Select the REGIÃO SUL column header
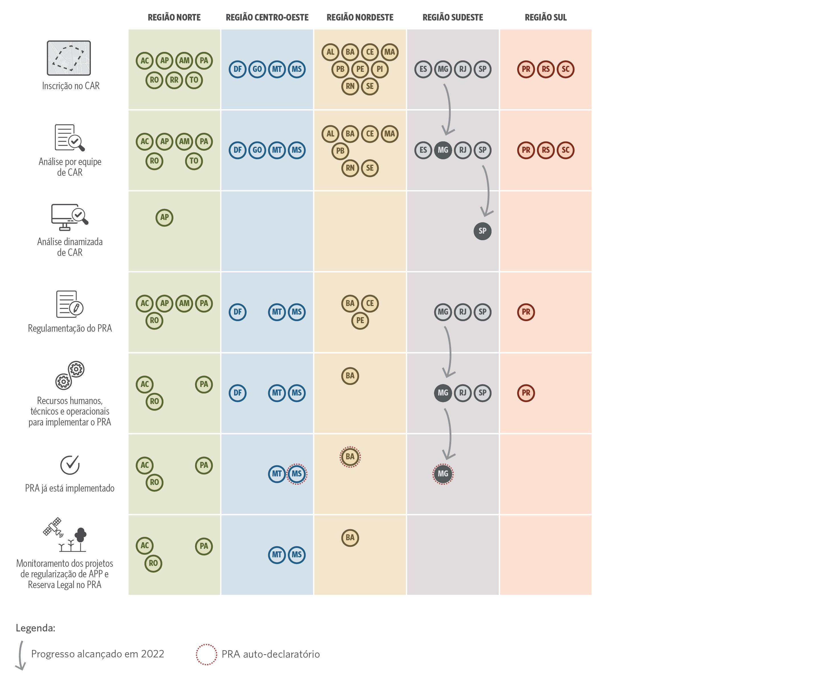click(x=545, y=17)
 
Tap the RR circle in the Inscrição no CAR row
click(x=174, y=80)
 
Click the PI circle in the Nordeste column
click(x=380, y=69)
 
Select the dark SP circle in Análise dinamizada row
click(x=482, y=231)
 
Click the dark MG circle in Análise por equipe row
click(x=443, y=150)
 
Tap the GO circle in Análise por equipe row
click(x=257, y=150)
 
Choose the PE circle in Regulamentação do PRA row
click(x=360, y=321)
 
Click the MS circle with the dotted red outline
click(x=296, y=474)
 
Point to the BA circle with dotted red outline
click(x=350, y=457)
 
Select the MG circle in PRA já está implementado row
click(x=443, y=474)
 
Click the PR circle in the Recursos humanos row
click(x=526, y=393)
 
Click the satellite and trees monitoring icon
click(x=65, y=535)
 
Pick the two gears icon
click(x=70, y=375)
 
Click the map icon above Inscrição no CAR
click(x=69, y=58)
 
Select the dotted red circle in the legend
click(x=206, y=654)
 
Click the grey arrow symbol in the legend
click(x=21, y=655)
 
